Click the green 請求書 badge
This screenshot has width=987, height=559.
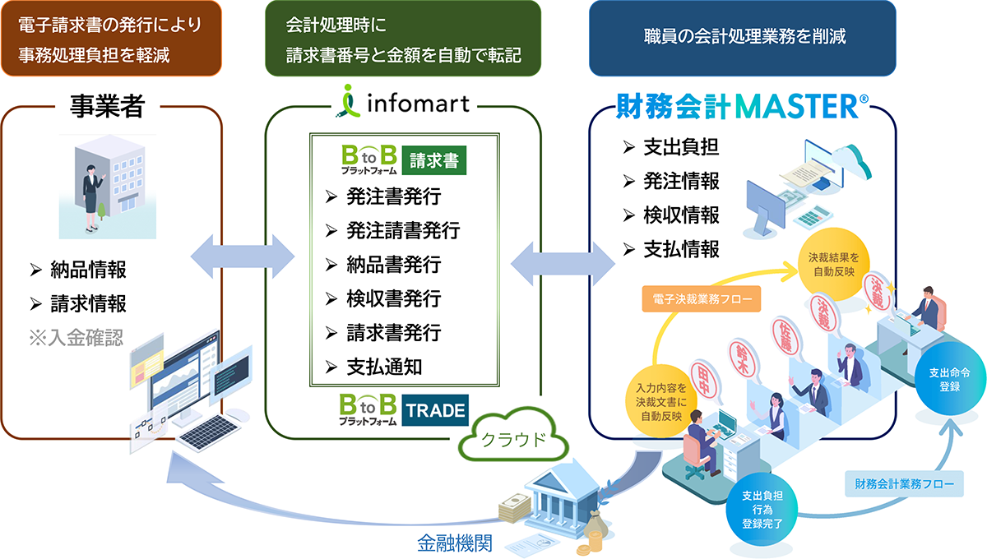tap(434, 159)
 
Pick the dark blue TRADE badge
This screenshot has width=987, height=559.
tap(435, 410)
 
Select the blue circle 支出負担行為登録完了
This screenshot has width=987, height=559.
tap(761, 509)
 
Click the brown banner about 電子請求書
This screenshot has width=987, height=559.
tap(111, 39)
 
